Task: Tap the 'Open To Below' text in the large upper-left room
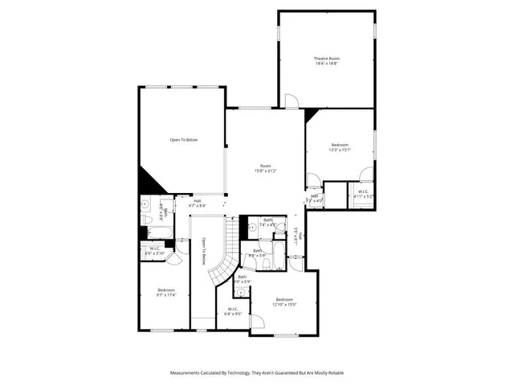pyautogui.click(x=183, y=140)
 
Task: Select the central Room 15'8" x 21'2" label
pyautogui.click(x=265, y=168)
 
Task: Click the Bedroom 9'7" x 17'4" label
pyautogui.click(x=166, y=292)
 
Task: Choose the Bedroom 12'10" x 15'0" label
pyautogui.click(x=285, y=302)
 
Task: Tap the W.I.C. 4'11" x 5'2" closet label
pyautogui.click(x=363, y=194)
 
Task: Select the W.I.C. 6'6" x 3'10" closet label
pyautogui.click(x=155, y=251)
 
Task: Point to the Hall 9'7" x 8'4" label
pyautogui.click(x=197, y=203)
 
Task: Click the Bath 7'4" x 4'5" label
pyautogui.click(x=268, y=223)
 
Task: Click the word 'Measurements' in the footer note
pyautogui.click(x=189, y=373)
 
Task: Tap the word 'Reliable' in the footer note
pyautogui.click(x=334, y=373)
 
